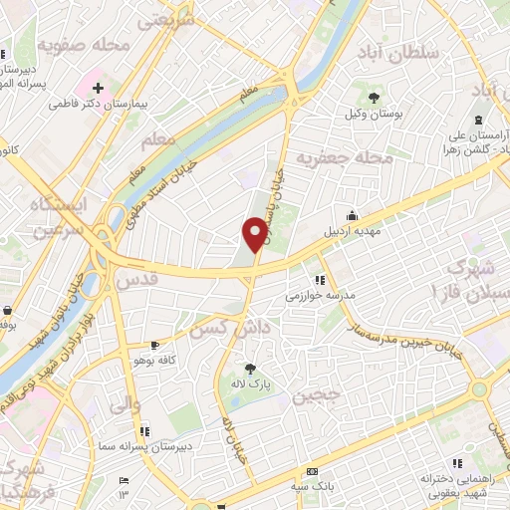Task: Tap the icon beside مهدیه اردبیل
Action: pyautogui.click(x=352, y=214)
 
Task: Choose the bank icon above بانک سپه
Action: pyautogui.click(x=313, y=470)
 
